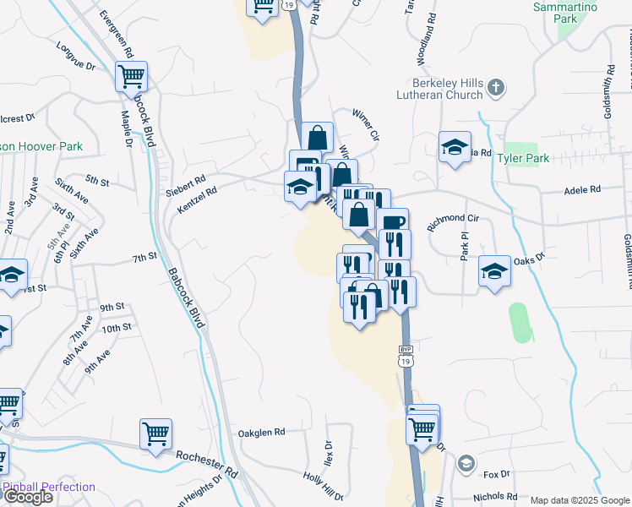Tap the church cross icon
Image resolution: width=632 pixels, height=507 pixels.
point(497,86)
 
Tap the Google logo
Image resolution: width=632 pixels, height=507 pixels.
point(29,497)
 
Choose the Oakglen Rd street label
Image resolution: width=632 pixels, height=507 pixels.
point(262,431)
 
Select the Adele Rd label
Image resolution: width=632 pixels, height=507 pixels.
point(582,190)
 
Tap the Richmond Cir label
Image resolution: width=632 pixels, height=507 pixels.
point(453,218)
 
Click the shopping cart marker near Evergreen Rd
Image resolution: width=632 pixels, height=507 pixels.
point(131,77)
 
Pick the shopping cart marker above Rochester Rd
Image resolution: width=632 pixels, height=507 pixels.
point(155,434)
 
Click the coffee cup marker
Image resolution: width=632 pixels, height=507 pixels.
point(394,223)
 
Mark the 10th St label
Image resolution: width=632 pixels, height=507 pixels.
point(116,328)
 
